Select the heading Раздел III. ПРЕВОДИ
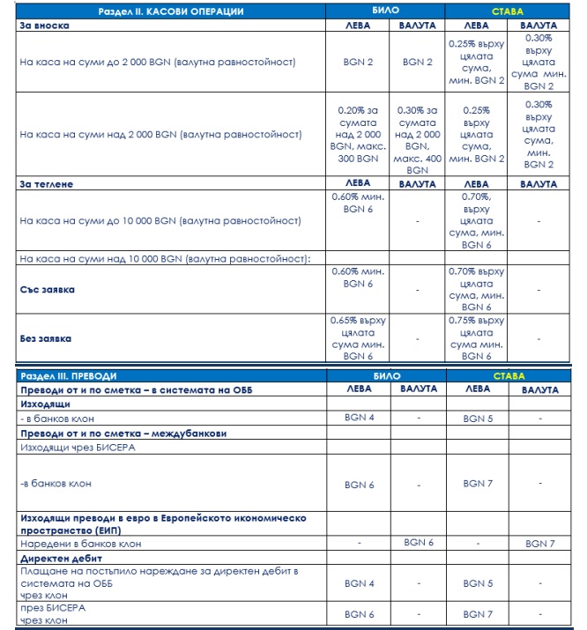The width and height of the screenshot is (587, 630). pos(68,376)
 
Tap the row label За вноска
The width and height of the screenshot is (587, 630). pos(44,26)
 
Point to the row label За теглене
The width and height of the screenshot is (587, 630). pos(47,184)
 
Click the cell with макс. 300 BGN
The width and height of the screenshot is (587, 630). pos(360,134)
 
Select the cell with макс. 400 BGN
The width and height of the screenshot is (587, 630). pos(417,139)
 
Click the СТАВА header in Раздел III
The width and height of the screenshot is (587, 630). pos(508,376)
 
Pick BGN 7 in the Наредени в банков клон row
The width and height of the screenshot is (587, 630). pos(540,545)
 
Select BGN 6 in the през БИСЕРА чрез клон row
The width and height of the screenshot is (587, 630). pos(360,613)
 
